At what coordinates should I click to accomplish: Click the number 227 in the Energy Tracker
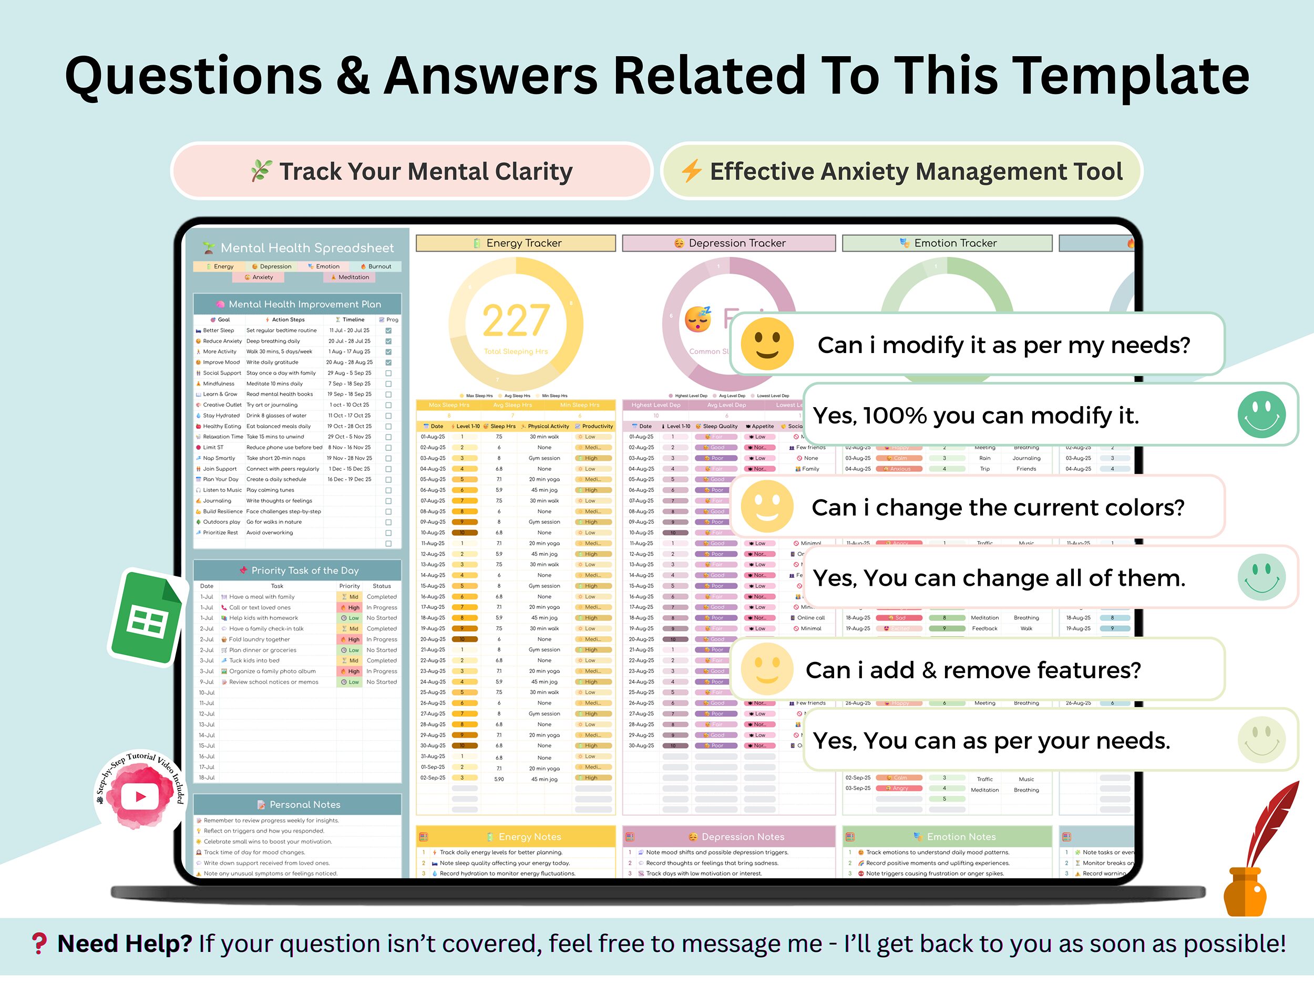(516, 321)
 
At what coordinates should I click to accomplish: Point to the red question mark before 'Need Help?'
(39, 943)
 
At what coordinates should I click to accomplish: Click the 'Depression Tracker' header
(729, 243)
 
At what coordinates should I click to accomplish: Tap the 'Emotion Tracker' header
(948, 243)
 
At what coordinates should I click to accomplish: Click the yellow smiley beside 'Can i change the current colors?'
(767, 507)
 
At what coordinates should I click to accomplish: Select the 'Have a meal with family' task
(261, 597)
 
